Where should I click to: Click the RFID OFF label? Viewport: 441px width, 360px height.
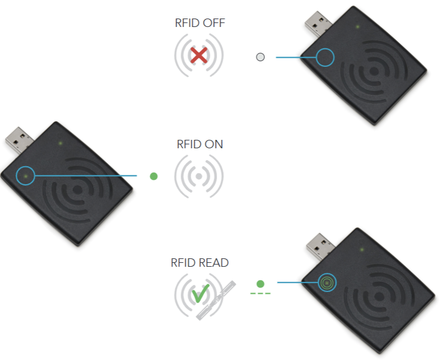200,24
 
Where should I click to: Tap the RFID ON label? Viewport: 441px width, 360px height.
200,144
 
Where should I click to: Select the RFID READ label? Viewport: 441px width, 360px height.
200,263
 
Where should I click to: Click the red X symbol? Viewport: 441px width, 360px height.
199,55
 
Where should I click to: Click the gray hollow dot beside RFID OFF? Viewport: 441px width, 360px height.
260,57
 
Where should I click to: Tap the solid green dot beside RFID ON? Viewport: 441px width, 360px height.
154,176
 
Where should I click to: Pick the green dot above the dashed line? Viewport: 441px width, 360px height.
260,284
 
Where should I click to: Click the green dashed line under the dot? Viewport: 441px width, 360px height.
260,294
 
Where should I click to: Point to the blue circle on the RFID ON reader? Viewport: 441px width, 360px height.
26,176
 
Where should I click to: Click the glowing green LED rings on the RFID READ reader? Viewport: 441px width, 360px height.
326,282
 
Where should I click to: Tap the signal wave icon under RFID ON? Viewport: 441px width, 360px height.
199,176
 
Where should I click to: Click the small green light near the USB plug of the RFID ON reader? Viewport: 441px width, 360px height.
60,143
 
